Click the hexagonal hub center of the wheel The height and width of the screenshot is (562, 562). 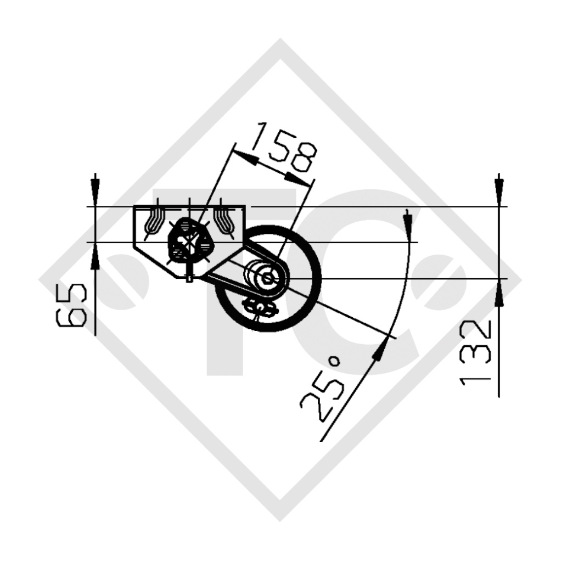click(x=267, y=279)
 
